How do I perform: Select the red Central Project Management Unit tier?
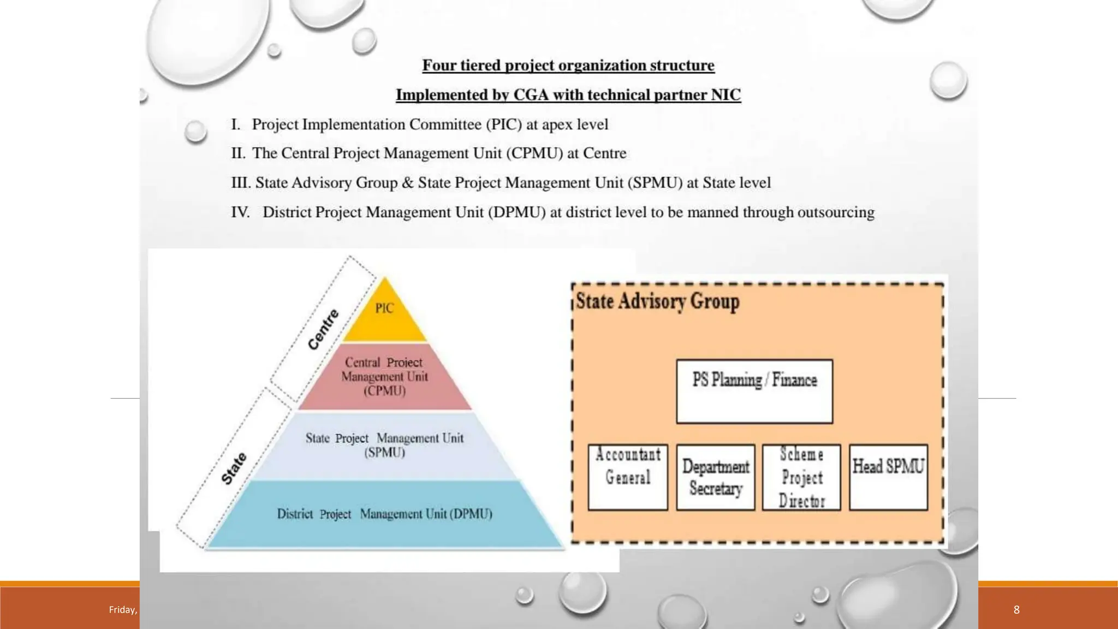[384, 377]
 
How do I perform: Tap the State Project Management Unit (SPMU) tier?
[384, 445]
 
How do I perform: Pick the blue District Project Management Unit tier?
[384, 514]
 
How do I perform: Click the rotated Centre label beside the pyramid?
[323, 329]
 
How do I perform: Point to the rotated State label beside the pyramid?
[234, 468]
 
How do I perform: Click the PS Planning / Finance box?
[754, 391]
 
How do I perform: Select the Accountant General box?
[628, 477]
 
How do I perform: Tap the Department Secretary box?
[716, 477]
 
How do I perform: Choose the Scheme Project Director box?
[801, 477]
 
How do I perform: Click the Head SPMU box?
[888, 477]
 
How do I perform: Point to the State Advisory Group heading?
[658, 301]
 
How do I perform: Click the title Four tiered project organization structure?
[568, 66]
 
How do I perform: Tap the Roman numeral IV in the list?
[240, 212]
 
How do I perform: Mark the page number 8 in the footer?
[1016, 610]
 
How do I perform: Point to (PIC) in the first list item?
[504, 124]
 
